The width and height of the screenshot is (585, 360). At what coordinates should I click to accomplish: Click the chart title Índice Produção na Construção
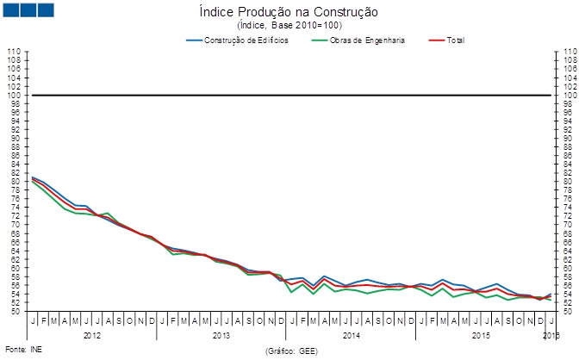click(294, 13)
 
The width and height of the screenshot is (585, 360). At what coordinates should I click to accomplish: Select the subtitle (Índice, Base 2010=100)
click(294, 25)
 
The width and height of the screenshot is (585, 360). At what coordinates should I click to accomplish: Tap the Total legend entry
click(457, 40)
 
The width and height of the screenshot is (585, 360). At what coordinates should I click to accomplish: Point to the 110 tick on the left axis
click(13, 52)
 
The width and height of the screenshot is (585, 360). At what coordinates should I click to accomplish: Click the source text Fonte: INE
click(23, 350)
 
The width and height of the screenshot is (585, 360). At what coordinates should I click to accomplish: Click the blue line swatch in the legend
click(194, 40)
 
